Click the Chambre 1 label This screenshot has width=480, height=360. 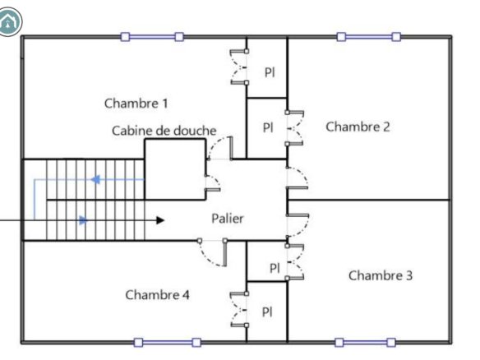(x=136, y=104)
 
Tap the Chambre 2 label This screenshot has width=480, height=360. (x=358, y=127)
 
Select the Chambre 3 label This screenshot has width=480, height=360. (x=381, y=275)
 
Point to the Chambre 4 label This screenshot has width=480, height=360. (x=157, y=295)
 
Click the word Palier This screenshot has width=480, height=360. (x=228, y=219)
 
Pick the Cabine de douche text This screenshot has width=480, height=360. (x=164, y=131)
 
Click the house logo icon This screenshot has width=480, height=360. (x=9, y=21)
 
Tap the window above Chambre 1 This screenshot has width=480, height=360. (x=152, y=37)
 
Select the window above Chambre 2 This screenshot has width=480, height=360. (x=368, y=37)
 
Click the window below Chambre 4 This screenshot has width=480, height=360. (x=168, y=342)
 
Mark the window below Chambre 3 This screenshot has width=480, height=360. (x=365, y=342)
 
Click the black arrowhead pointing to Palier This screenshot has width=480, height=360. (x=160, y=220)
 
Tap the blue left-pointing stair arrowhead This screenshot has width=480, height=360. (x=95, y=179)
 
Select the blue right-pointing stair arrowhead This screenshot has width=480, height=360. (x=84, y=220)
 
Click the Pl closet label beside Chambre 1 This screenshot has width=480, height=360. (x=270, y=72)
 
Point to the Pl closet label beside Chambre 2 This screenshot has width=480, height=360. (x=268, y=127)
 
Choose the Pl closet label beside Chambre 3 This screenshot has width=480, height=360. (x=275, y=268)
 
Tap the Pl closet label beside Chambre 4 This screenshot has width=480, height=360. (x=267, y=312)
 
